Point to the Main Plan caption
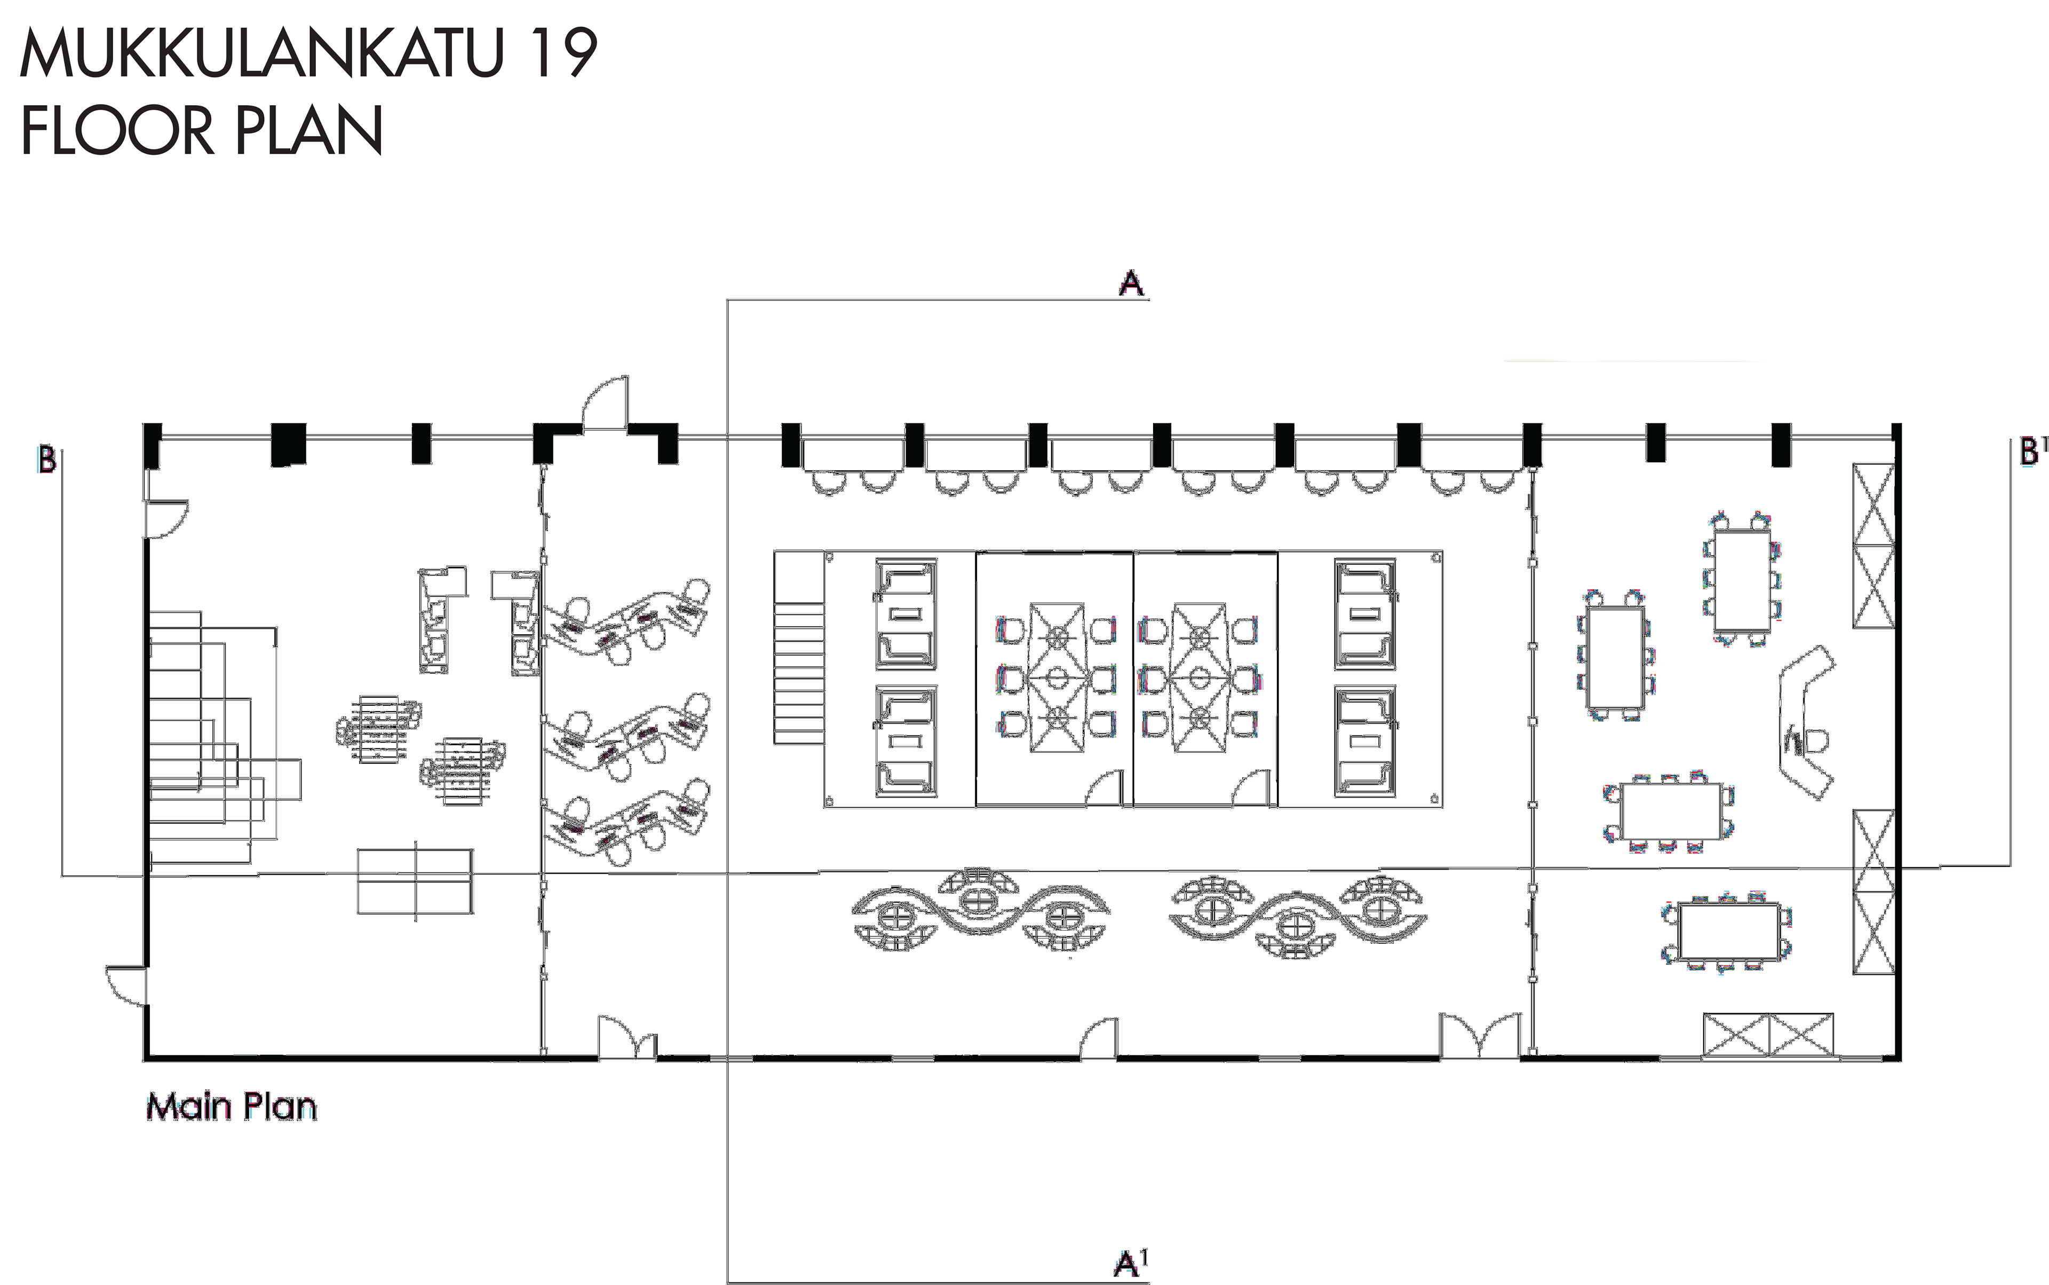click(231, 1107)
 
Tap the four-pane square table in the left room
click(416, 881)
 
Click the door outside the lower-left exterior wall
click(126, 984)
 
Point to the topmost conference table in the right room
click(1742, 580)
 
